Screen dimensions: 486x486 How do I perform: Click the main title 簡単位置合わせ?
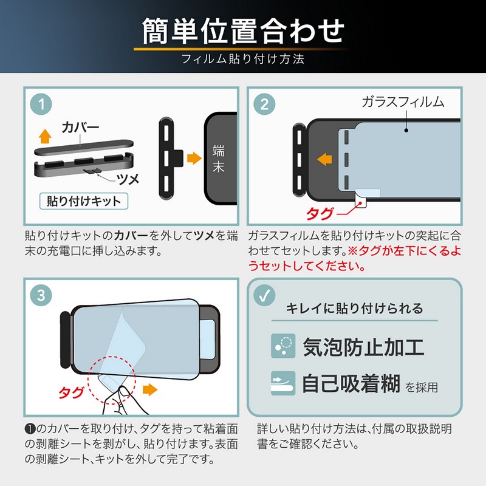[244, 31]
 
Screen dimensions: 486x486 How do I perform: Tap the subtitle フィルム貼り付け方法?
[242, 59]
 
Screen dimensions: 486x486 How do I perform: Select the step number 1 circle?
[41, 104]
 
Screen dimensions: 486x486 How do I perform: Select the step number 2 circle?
[264, 104]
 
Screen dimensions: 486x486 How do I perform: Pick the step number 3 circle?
[41, 295]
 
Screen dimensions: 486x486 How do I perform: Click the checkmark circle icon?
[264, 295]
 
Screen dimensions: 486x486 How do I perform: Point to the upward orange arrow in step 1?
[45, 136]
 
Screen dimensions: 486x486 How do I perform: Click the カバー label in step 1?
[80, 128]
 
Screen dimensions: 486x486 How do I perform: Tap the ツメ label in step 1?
[128, 179]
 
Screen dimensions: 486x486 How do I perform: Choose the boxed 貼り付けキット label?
[84, 201]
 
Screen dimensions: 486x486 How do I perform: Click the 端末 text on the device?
[219, 159]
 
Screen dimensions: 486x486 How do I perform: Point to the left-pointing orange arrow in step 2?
[325, 159]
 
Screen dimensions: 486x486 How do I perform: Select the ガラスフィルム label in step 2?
[403, 102]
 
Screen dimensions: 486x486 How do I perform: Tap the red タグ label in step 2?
[320, 214]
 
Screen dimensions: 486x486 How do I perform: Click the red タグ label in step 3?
[71, 392]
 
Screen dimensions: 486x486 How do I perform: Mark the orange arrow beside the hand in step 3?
[150, 389]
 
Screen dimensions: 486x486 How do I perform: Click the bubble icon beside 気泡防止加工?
[283, 346]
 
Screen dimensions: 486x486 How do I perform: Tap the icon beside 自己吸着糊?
[283, 383]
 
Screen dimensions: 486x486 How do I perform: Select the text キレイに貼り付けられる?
[354, 309]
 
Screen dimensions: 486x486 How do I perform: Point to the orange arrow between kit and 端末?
[194, 158]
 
